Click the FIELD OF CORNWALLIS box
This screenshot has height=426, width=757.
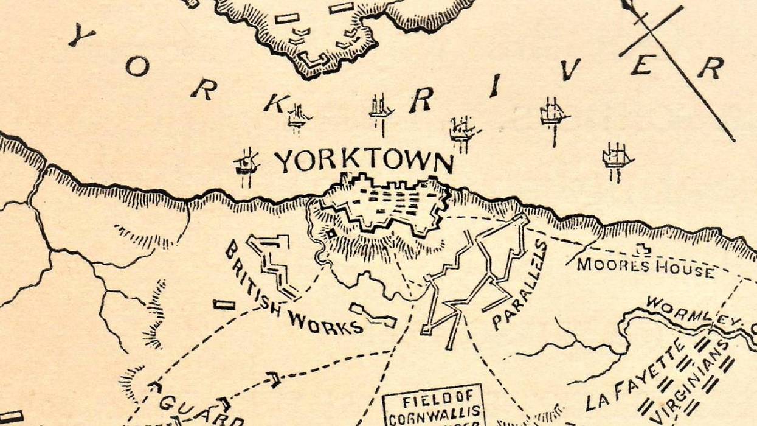[432, 407]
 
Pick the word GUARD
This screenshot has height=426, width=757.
[201, 410]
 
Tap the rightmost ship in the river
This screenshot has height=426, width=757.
[617, 158]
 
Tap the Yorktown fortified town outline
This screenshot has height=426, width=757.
[386, 207]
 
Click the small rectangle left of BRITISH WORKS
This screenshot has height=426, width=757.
[224, 304]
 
